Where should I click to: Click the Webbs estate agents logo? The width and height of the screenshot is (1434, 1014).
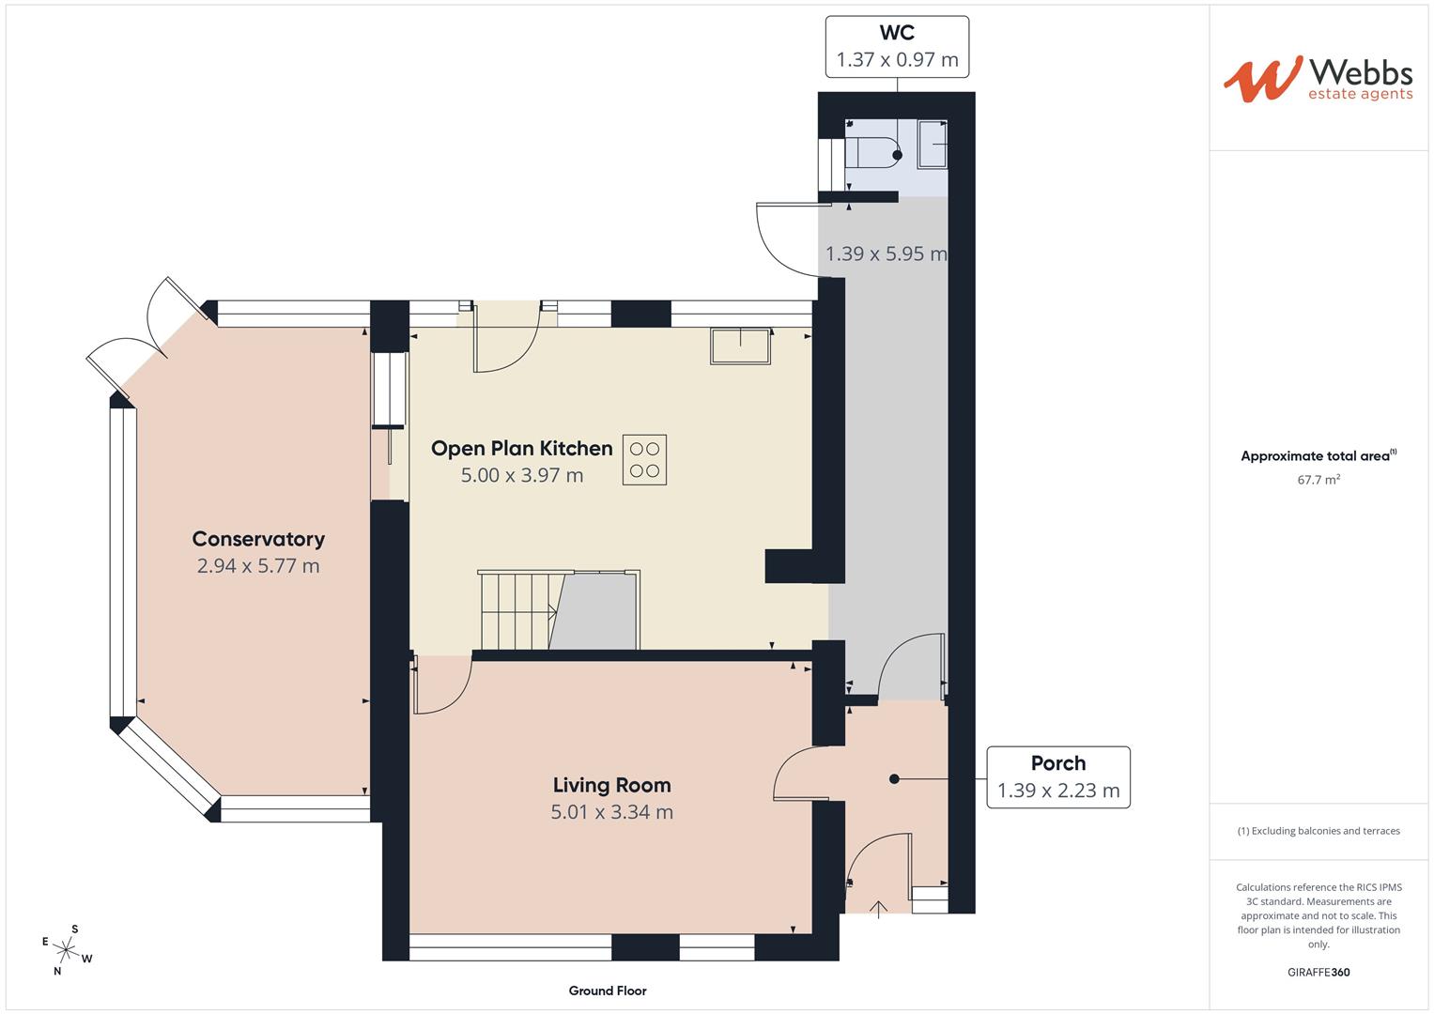tap(1318, 79)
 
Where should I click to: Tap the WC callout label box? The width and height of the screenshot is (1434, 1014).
tap(897, 46)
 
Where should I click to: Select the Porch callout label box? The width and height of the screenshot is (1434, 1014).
tap(1057, 776)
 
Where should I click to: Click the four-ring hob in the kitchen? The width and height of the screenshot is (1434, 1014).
tap(644, 460)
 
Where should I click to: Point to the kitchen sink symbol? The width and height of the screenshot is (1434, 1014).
tap(741, 346)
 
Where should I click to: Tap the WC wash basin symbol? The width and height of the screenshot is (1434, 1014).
tap(932, 144)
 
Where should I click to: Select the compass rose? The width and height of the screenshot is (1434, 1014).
tap(68, 949)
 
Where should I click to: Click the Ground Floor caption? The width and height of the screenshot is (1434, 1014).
tap(608, 991)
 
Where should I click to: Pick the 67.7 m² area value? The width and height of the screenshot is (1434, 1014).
tap(1318, 480)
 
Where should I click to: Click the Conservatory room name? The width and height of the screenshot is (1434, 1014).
tap(258, 539)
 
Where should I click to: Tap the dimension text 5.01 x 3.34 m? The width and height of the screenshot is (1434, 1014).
tap(611, 812)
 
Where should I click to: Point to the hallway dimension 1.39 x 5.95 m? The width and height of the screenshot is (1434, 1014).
tap(886, 253)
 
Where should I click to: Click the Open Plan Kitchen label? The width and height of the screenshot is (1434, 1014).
tap(521, 449)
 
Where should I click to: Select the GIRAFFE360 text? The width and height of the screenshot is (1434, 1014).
tap(1318, 972)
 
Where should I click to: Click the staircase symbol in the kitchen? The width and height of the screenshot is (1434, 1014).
tap(517, 610)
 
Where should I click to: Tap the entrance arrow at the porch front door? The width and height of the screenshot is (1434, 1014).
tap(879, 909)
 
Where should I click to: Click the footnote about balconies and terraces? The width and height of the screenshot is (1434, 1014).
tap(1318, 831)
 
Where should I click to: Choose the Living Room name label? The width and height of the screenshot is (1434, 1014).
tap(611, 785)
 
